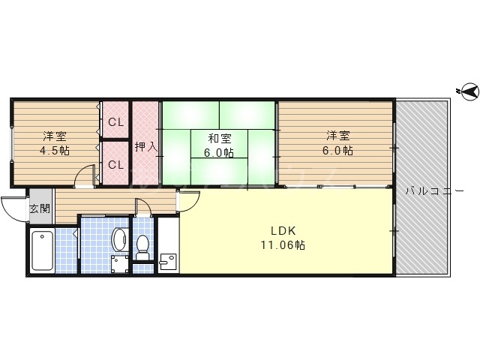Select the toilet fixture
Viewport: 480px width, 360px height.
(142, 245)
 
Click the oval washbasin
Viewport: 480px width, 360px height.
(118, 239)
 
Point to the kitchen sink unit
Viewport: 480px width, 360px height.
(168, 247)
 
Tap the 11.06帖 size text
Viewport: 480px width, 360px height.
(283, 245)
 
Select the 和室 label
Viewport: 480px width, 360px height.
(219, 138)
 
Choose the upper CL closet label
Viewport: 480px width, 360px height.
(115, 122)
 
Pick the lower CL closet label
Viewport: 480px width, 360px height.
(115, 165)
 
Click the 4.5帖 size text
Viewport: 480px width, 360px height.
(55, 150)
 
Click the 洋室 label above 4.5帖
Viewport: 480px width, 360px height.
(55, 136)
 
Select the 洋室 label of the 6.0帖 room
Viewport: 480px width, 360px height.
(338, 136)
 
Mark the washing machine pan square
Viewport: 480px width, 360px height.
(118, 264)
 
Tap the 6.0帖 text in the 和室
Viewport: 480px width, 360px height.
(219, 152)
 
